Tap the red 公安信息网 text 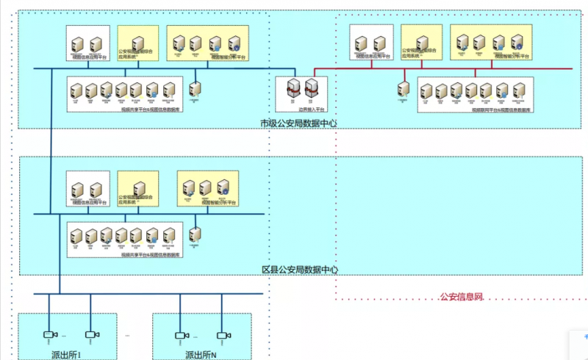coord(461,297)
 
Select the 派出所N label coord(201,355)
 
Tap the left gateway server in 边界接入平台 coord(293,90)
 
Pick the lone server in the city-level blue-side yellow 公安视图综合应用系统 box coord(137,43)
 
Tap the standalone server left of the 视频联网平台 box coord(404,90)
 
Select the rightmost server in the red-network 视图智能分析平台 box coord(518,43)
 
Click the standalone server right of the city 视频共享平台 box coord(194,90)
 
